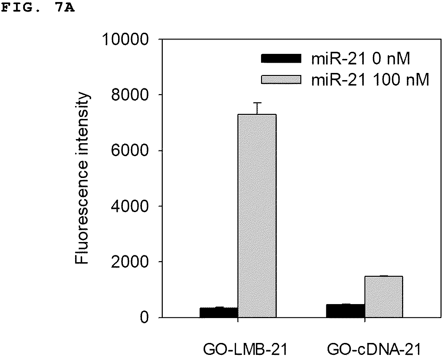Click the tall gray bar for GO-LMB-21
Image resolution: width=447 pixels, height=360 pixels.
click(257, 216)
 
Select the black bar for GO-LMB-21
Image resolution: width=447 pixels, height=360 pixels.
click(219, 313)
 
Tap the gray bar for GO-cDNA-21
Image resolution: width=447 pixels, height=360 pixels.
click(384, 297)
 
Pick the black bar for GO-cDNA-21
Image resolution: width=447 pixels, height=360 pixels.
click(346, 311)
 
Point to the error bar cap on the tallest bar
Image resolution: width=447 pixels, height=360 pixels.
click(257, 103)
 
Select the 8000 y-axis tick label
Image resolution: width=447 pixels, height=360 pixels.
click(130, 95)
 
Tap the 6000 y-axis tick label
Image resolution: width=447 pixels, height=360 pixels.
click(130, 150)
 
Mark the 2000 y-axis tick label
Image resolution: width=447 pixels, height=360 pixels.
click(130, 262)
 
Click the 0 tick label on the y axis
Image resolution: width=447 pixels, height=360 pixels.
click(144, 317)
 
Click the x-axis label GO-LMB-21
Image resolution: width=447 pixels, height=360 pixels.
click(245, 349)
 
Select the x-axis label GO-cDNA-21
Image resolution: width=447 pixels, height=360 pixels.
click(374, 349)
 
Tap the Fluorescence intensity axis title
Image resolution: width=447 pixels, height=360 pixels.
click(82, 178)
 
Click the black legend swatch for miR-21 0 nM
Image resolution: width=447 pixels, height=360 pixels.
click(281, 58)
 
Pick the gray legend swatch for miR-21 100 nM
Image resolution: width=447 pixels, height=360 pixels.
click(281, 80)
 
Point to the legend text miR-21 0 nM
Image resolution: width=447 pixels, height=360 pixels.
click(361, 59)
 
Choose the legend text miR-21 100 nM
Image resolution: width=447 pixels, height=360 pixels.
click(370, 80)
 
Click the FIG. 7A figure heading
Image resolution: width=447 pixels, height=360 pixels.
click(38, 8)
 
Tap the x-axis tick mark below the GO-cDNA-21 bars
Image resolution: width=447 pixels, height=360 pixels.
click(365, 320)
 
